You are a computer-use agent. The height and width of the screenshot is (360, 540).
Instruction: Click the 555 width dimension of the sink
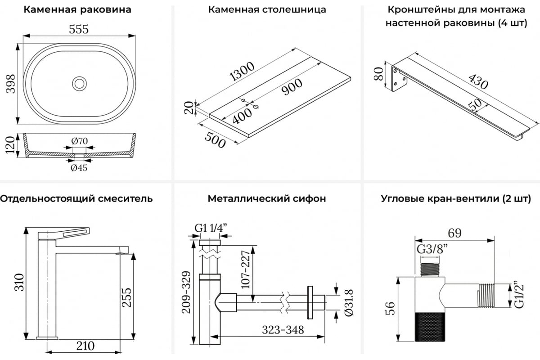79,29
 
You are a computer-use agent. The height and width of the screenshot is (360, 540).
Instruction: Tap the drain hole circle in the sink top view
79,83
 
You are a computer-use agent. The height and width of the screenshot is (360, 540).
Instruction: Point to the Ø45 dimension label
79,168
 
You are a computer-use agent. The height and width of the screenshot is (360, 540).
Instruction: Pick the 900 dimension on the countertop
292,87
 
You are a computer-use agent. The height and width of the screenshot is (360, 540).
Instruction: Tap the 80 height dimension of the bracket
378,73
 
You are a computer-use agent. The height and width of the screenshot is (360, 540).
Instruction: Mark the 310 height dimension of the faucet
18,282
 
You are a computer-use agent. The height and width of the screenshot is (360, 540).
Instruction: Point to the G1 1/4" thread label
210,228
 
